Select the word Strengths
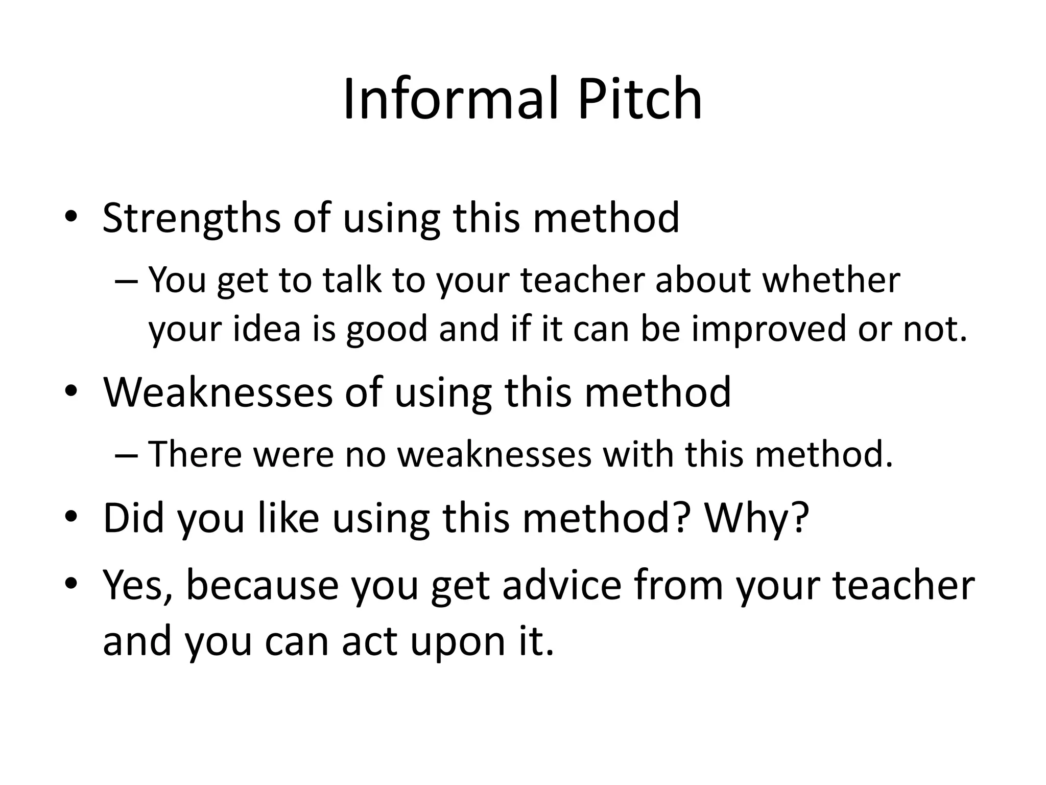click(191, 219)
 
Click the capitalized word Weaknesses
click(218, 392)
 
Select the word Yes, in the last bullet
click(137, 586)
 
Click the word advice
click(562, 585)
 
